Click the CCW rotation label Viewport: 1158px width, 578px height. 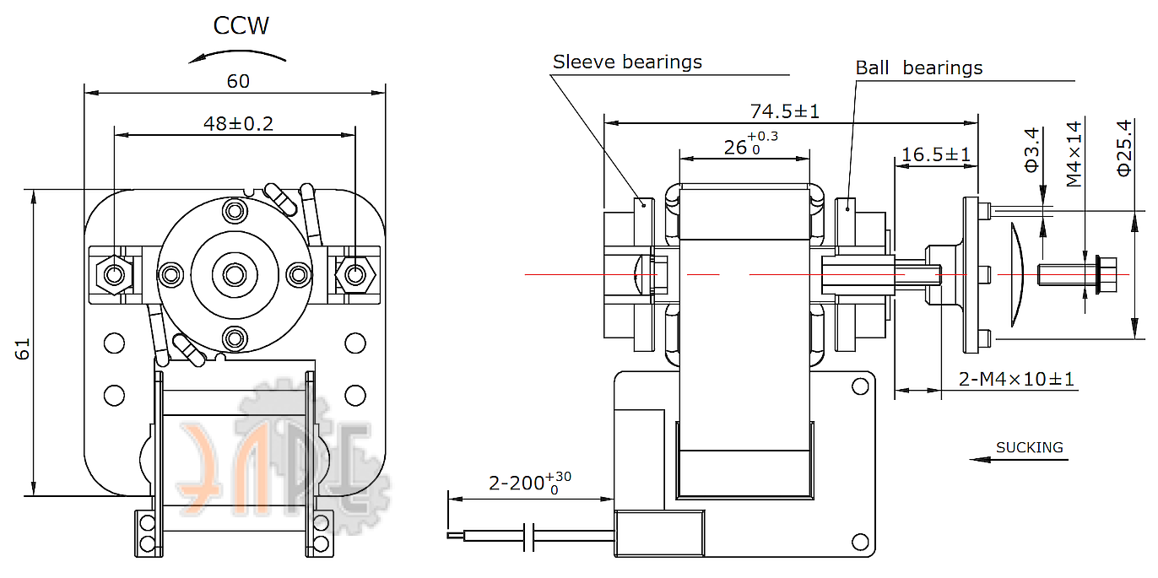[x=241, y=26]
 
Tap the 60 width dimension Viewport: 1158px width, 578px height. [x=238, y=81]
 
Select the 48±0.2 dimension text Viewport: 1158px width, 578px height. [x=238, y=123]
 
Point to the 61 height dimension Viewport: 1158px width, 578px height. [x=23, y=349]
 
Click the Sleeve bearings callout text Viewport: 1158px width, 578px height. [x=627, y=62]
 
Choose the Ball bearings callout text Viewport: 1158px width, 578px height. [x=918, y=68]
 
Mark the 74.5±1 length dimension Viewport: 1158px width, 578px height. [x=784, y=111]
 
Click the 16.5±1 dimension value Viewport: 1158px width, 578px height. [x=935, y=154]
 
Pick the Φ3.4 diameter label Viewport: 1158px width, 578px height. [x=1031, y=149]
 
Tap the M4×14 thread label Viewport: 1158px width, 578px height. [x=1074, y=154]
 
